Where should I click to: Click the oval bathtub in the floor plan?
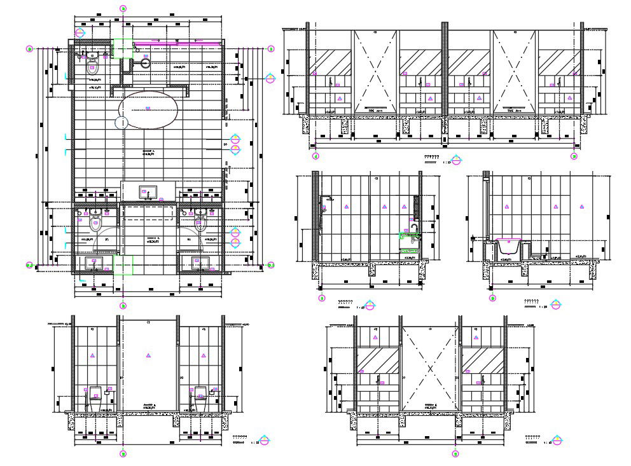pyautogui.click(x=148, y=111)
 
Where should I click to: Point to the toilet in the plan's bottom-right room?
pyautogui.click(x=201, y=223)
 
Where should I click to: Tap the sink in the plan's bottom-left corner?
pyautogui.click(x=95, y=263)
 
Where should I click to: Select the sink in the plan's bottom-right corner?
pyautogui.click(x=202, y=263)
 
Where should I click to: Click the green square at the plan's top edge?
pyautogui.click(x=123, y=48)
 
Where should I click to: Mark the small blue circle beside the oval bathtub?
pyautogui.click(x=121, y=122)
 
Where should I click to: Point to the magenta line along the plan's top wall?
pyautogui.click(x=178, y=44)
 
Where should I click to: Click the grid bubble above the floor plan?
pyautogui.click(x=123, y=8)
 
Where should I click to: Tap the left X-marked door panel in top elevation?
pyautogui.click(x=375, y=71)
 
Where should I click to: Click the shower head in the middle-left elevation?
pyautogui.click(x=329, y=199)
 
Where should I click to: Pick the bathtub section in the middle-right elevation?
pyautogui.click(x=507, y=247)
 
